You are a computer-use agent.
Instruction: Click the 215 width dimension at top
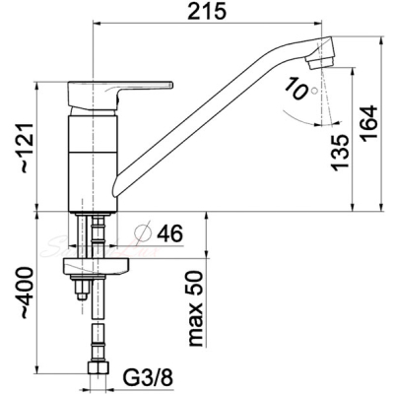207,12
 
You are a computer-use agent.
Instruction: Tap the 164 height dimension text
371,123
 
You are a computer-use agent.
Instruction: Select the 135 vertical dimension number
340,153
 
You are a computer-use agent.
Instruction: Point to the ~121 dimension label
29,149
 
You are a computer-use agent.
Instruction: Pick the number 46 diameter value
169,233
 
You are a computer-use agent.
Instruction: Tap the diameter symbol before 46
144,232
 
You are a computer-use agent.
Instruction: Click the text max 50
196,308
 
